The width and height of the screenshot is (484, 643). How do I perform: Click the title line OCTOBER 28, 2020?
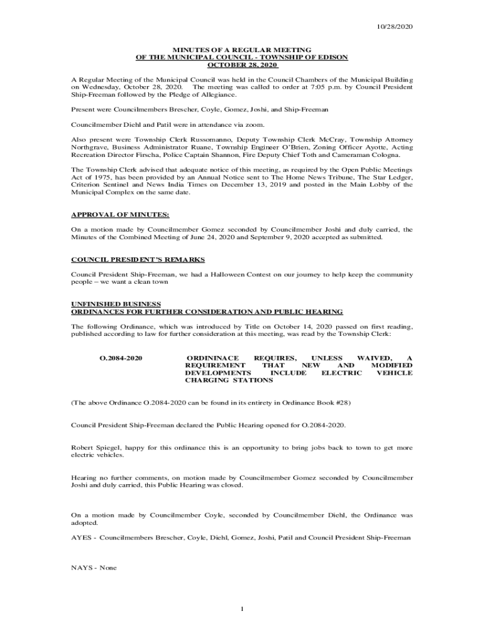tap(242, 65)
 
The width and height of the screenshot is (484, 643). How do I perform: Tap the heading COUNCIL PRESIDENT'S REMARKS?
tap(138, 259)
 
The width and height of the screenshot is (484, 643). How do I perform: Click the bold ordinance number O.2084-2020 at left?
tap(121, 357)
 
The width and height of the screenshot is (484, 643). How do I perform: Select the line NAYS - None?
tap(94, 568)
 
